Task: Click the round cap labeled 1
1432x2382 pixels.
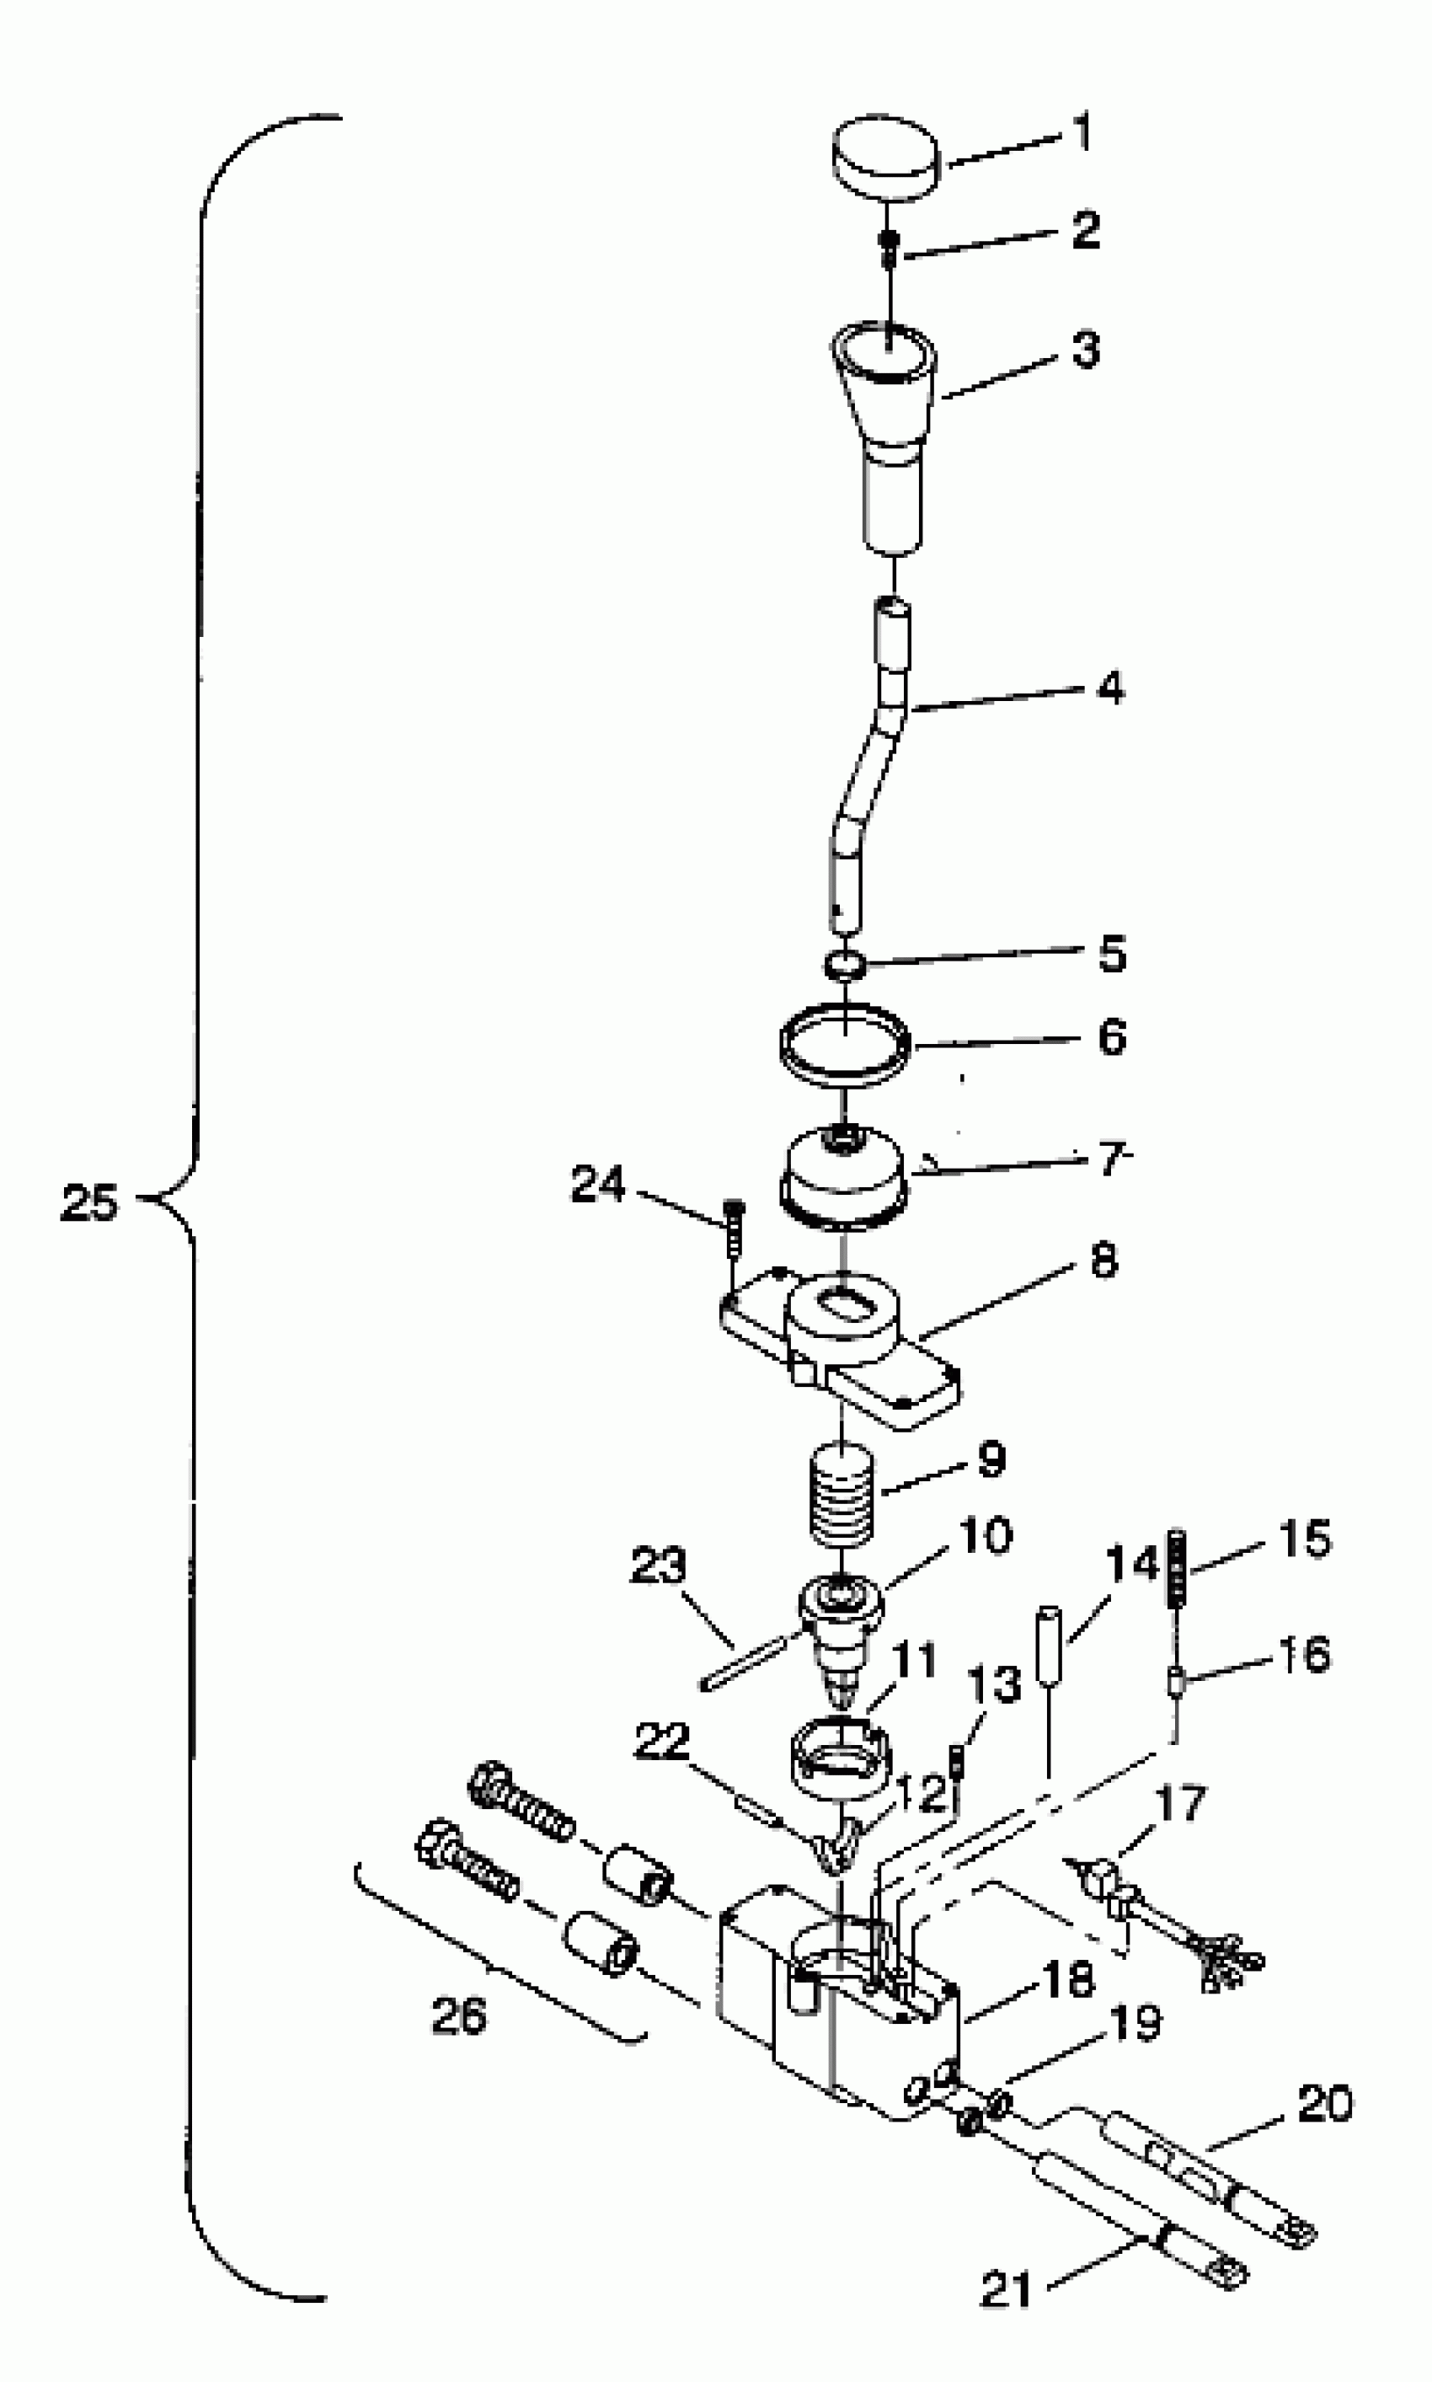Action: (886, 159)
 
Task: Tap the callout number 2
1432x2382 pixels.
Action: (1086, 230)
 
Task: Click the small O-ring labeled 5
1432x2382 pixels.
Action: (844, 963)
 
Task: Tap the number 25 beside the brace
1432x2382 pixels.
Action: (88, 1202)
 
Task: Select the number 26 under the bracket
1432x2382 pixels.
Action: (459, 2015)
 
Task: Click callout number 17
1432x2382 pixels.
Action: (1179, 1802)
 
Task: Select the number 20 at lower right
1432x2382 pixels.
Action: (1324, 2104)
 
